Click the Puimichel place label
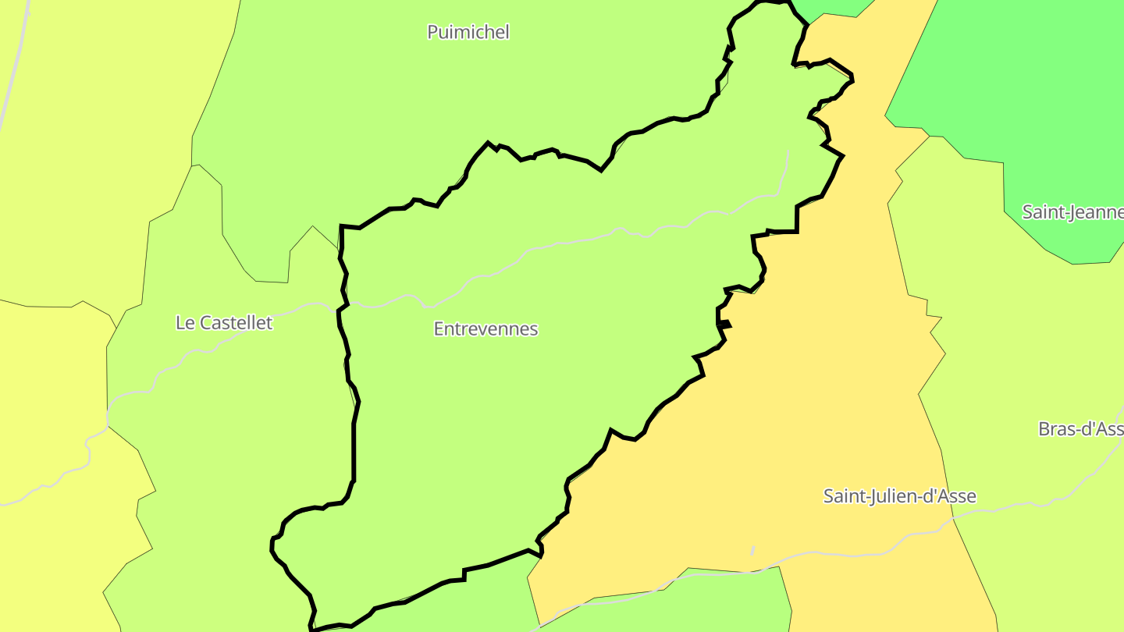(468, 32)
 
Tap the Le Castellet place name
(224, 323)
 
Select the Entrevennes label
(486, 329)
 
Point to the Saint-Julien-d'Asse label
(899, 496)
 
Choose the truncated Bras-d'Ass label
(1080, 429)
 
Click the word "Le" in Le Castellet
(185, 323)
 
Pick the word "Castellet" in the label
(236, 323)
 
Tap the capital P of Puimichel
(432, 32)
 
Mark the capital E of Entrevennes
(439, 329)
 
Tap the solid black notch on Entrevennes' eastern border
(725, 324)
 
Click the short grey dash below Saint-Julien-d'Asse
(752, 551)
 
